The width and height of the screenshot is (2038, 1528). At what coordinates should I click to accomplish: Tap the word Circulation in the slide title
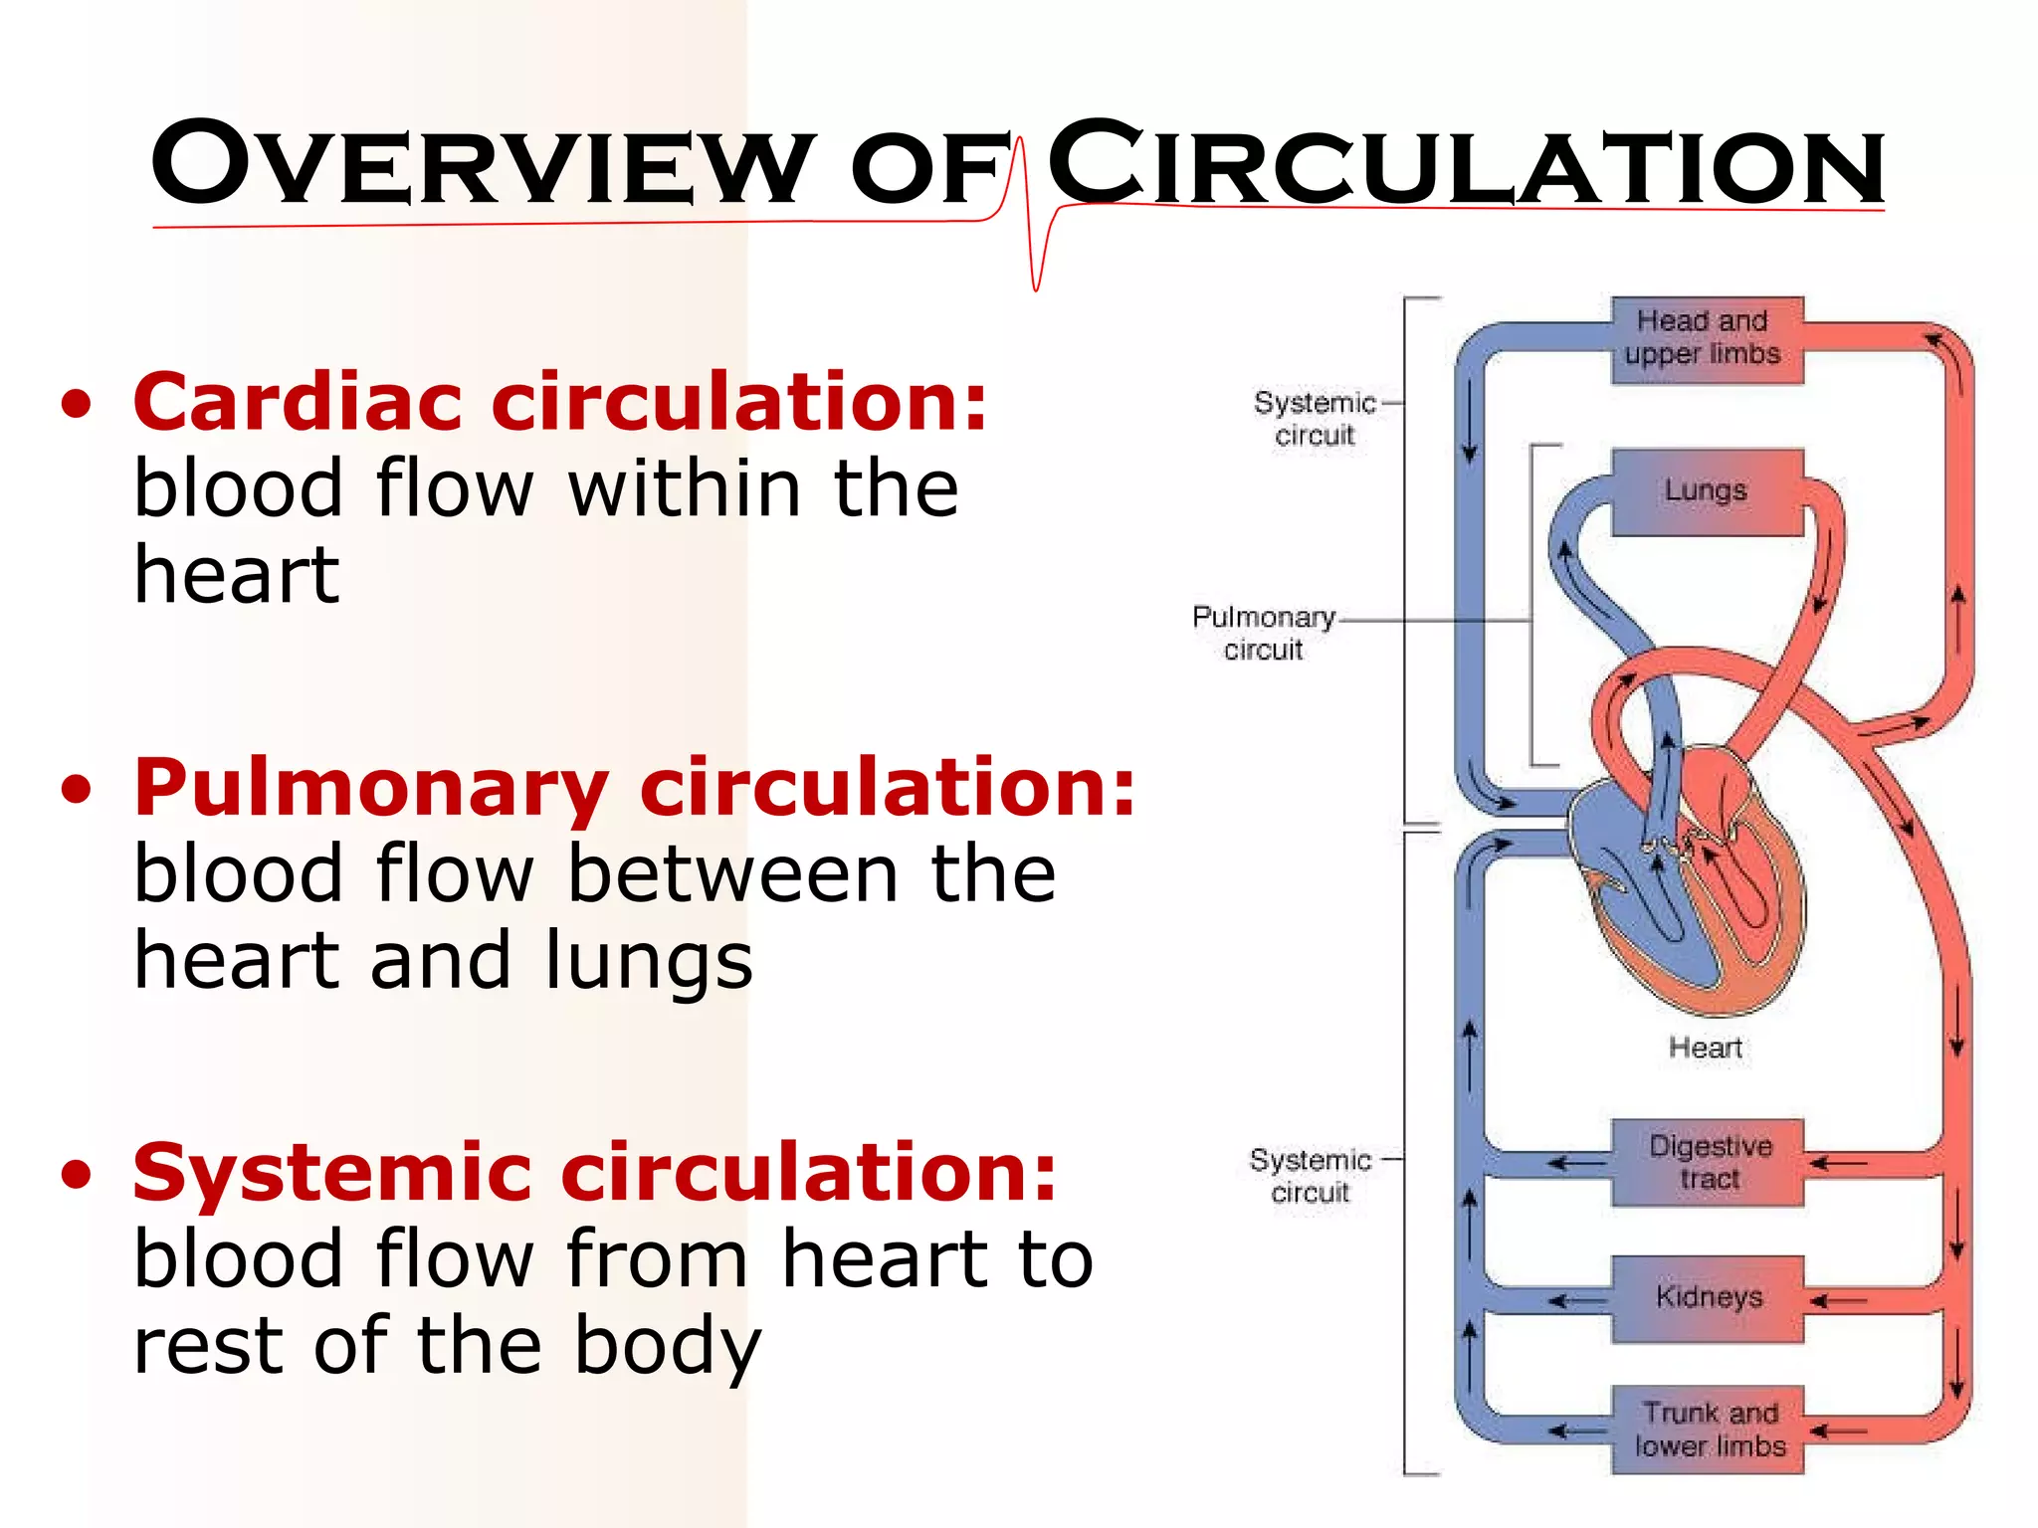tap(1465, 164)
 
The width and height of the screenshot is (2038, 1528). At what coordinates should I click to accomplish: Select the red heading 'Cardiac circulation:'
tap(560, 402)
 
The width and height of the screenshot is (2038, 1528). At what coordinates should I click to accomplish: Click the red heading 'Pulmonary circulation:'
tap(635, 787)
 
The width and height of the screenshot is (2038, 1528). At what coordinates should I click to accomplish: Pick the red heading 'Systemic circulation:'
tap(594, 1173)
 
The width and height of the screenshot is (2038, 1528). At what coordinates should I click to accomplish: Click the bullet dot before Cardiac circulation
tap(77, 405)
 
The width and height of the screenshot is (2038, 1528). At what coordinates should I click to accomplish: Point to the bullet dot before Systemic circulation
tap(77, 1175)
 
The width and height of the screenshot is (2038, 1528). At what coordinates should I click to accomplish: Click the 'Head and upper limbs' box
tap(1707, 339)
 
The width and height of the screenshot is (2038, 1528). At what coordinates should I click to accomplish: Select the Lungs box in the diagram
tap(1707, 491)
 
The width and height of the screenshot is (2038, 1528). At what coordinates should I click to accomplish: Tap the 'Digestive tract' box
tap(1708, 1163)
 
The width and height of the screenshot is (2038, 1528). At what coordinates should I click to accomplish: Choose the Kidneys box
tap(1708, 1298)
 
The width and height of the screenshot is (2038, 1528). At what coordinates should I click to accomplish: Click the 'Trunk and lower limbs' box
tap(1708, 1430)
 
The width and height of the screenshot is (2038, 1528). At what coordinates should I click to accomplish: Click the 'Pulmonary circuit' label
tap(1264, 633)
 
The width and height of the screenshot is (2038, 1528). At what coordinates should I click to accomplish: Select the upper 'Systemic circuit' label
tap(1315, 418)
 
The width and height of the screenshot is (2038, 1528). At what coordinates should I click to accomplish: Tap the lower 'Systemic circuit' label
tap(1311, 1176)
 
